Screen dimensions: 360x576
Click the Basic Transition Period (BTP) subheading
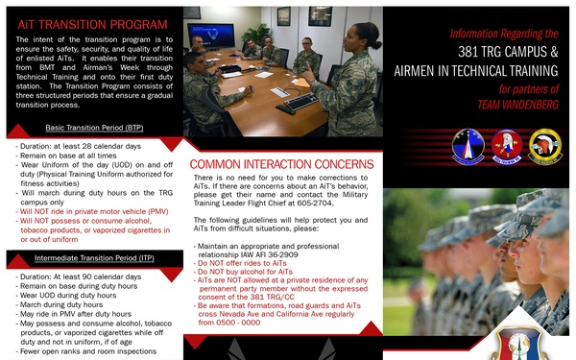94,128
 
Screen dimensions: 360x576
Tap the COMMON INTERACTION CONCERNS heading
282,164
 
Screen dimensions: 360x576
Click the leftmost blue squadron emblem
452,148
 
